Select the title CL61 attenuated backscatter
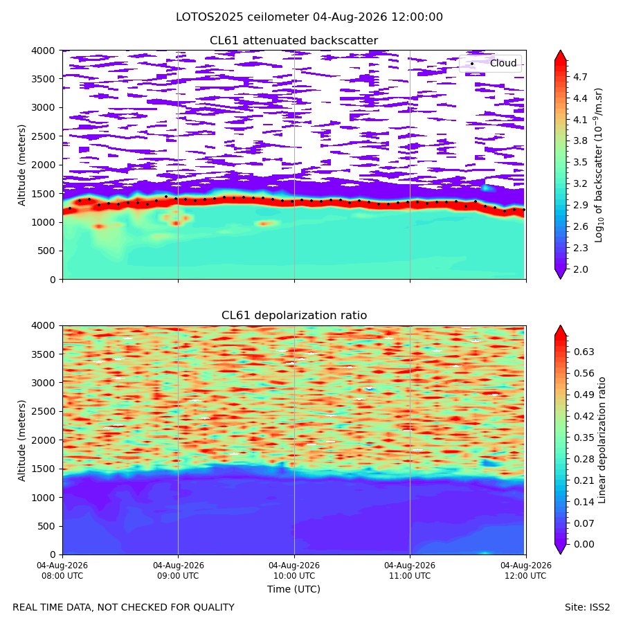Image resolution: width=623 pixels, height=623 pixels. [x=294, y=41]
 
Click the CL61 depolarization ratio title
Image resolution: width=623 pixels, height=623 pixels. [x=294, y=316]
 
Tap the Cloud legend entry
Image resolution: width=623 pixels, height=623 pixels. [x=503, y=63]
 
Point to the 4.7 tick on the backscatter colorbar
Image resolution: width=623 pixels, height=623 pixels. [x=580, y=77]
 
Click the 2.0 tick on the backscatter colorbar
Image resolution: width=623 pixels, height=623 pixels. [x=580, y=269]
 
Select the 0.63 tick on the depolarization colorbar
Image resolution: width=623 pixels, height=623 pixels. [x=584, y=352]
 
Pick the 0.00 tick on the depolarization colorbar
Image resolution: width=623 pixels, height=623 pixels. [x=584, y=544]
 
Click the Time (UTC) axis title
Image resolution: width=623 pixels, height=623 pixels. [x=294, y=589]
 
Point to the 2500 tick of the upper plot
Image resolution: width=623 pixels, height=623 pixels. [x=44, y=136]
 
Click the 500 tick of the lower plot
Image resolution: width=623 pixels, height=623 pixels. [x=48, y=526]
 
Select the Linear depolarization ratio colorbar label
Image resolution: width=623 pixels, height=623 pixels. [x=602, y=440]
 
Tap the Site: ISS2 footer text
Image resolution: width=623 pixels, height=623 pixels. [x=587, y=608]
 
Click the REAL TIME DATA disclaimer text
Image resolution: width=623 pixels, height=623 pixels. [x=124, y=608]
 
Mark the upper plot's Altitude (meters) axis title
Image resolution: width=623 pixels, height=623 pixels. [x=21, y=165]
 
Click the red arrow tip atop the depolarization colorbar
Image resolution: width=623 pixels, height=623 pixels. [x=560, y=326]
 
